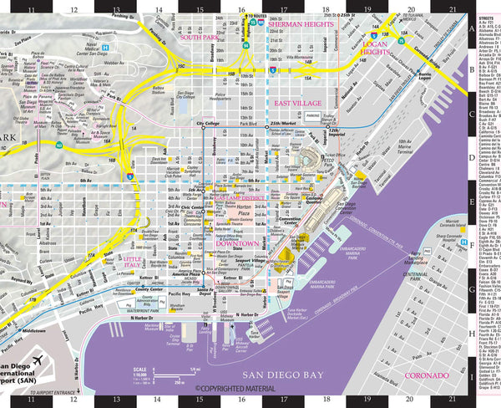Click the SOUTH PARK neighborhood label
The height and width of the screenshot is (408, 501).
pos(199,38)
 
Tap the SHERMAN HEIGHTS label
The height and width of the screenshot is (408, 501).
pos(301,25)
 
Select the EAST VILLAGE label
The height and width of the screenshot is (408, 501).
pos(298,102)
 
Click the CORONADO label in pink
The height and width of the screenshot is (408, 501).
pos(426,375)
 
